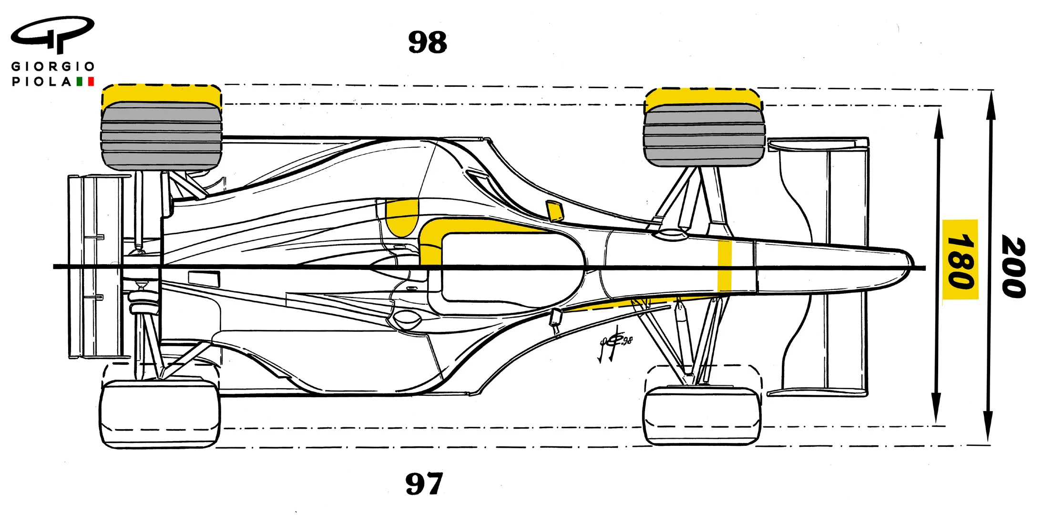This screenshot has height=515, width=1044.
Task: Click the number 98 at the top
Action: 428,42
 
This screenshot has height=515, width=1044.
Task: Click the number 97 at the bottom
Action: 424,484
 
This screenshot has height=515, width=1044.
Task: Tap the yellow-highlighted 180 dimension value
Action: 960,260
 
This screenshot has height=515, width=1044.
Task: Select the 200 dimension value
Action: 1013,267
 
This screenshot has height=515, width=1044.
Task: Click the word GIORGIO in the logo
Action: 53,66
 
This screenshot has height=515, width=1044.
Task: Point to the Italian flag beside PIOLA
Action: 85,82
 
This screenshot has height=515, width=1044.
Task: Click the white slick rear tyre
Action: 160,414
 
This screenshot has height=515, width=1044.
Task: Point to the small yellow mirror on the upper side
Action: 554,211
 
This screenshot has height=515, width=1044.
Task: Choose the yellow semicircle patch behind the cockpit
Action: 401,218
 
